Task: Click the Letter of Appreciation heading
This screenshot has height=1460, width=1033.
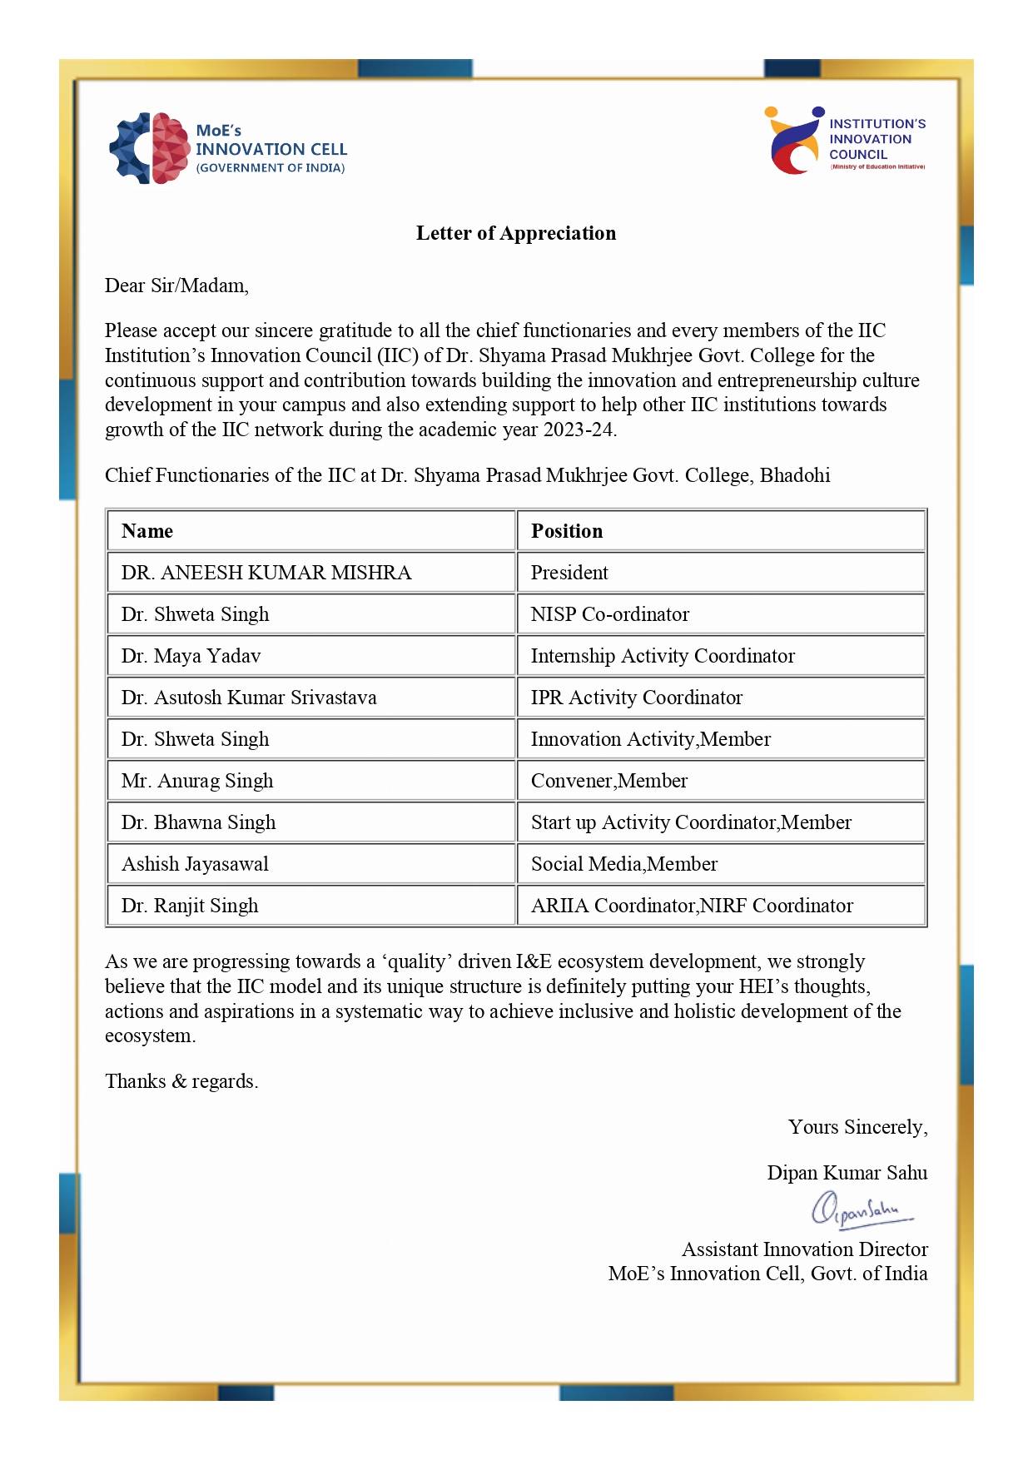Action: click(516, 233)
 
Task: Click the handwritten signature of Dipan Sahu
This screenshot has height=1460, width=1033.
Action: click(862, 1209)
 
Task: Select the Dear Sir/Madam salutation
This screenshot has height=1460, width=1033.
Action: click(176, 286)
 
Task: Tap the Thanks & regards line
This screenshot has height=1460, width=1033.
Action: click(181, 1081)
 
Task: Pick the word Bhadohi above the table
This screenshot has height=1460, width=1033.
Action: click(795, 475)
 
